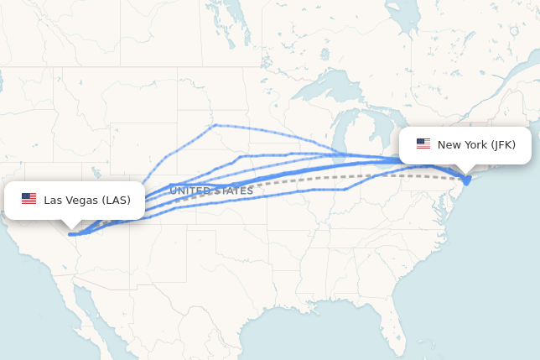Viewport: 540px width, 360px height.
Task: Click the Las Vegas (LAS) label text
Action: point(87,200)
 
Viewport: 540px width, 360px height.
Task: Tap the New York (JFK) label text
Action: point(476,145)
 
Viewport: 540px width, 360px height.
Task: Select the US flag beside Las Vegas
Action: point(29,199)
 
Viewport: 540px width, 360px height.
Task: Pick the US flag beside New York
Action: point(423,144)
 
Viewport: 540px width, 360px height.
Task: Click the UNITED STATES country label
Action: point(211,191)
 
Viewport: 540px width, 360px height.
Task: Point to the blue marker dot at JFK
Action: point(467,179)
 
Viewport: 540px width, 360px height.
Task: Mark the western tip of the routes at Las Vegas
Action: point(70,234)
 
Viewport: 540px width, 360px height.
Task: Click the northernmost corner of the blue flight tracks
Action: point(215,125)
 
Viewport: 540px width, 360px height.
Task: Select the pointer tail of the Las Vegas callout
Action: point(73,224)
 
